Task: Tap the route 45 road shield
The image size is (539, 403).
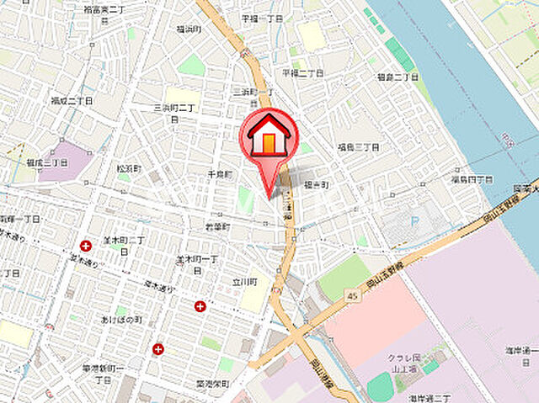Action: (x=350, y=296)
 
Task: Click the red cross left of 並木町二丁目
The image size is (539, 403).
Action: (x=86, y=246)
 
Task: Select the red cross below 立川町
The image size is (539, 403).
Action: (x=200, y=306)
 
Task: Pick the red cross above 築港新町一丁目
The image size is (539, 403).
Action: (x=157, y=348)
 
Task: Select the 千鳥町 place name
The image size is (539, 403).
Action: (x=218, y=174)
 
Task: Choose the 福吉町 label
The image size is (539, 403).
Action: (x=316, y=183)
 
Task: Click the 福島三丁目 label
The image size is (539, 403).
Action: (x=359, y=146)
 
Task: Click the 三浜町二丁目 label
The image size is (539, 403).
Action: (x=175, y=113)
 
